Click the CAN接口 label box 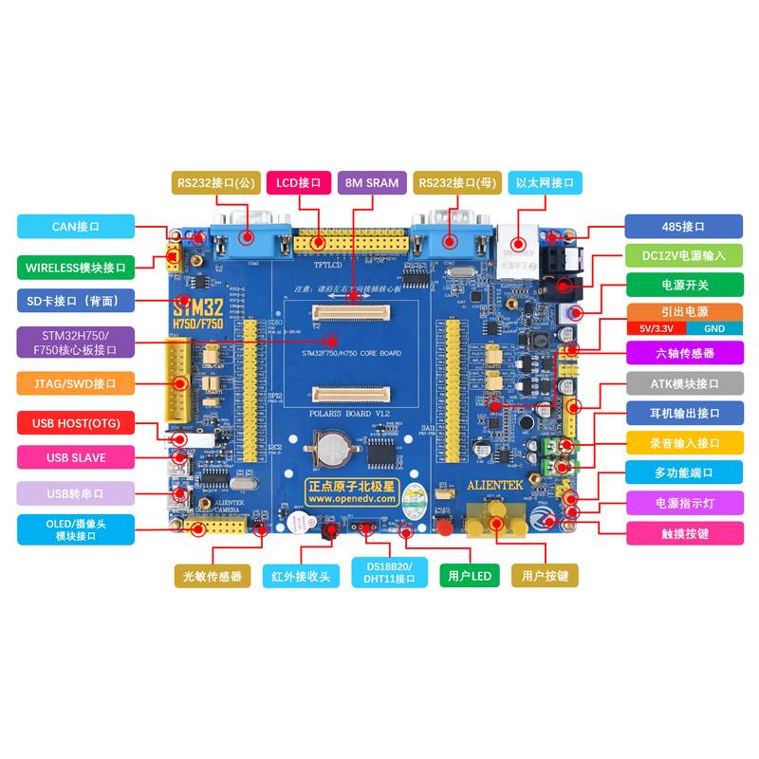(x=76, y=227)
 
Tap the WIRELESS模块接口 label (x=76, y=267)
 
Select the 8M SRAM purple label (x=372, y=182)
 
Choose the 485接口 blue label (x=683, y=227)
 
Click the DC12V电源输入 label (x=683, y=255)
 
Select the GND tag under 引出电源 (x=713, y=328)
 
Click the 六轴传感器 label (x=683, y=353)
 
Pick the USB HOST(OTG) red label (x=76, y=423)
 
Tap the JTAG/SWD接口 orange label (x=76, y=384)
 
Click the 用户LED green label (x=469, y=575)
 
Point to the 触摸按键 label (x=683, y=533)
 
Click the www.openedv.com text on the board (x=351, y=498)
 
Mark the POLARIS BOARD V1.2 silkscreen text (x=350, y=415)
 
